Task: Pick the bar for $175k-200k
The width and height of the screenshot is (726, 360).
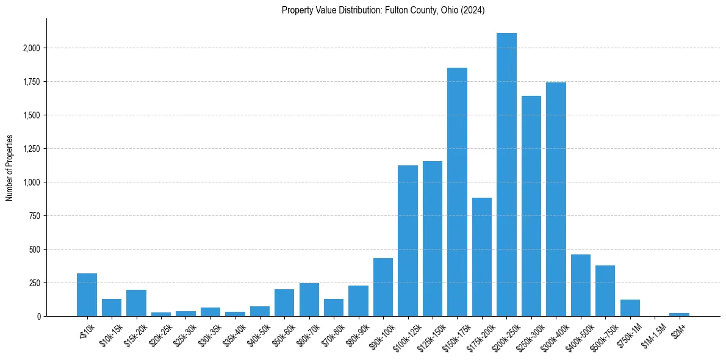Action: click(482, 257)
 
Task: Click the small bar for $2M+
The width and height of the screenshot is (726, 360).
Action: click(679, 314)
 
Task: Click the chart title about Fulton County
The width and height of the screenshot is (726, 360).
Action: click(383, 10)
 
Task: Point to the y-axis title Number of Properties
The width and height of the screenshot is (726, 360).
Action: click(10, 168)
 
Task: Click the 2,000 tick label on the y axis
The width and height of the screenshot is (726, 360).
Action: click(32, 48)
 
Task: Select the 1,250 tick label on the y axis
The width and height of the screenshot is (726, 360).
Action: click(32, 149)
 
